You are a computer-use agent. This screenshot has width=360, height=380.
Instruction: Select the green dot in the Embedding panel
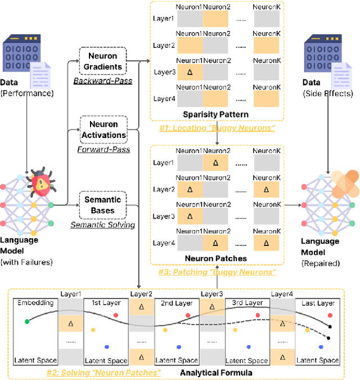[x=26, y=321]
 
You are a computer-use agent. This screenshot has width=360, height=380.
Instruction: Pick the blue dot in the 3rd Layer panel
[x=249, y=346]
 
